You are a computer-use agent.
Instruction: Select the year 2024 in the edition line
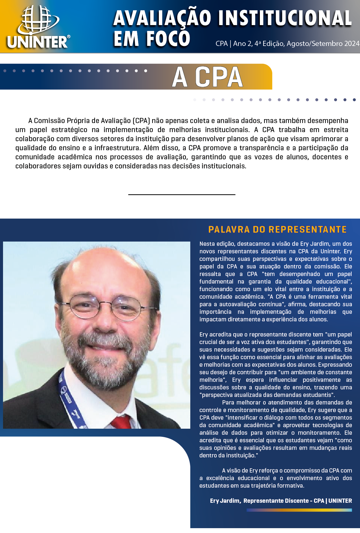(352, 44)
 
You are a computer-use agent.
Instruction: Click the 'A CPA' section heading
(208, 77)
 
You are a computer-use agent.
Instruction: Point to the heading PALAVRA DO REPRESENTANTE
(277, 229)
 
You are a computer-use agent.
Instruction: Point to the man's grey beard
(100, 363)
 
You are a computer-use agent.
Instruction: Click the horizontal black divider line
(182, 195)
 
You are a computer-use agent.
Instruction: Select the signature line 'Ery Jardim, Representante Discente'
(281, 501)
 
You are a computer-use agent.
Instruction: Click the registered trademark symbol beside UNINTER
(68, 37)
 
